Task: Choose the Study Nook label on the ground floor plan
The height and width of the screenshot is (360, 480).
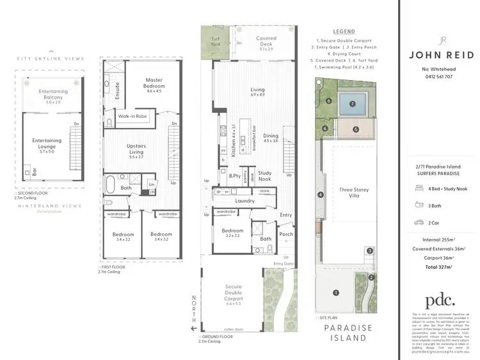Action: [x=265, y=176]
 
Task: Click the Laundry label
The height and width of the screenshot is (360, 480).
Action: [x=244, y=200]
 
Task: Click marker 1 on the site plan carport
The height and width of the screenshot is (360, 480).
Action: [x=335, y=293]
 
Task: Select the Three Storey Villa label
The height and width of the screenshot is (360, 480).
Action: [x=353, y=193]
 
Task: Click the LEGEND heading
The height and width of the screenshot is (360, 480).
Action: [x=344, y=31]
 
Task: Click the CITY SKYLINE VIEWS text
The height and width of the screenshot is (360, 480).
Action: [x=51, y=58]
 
